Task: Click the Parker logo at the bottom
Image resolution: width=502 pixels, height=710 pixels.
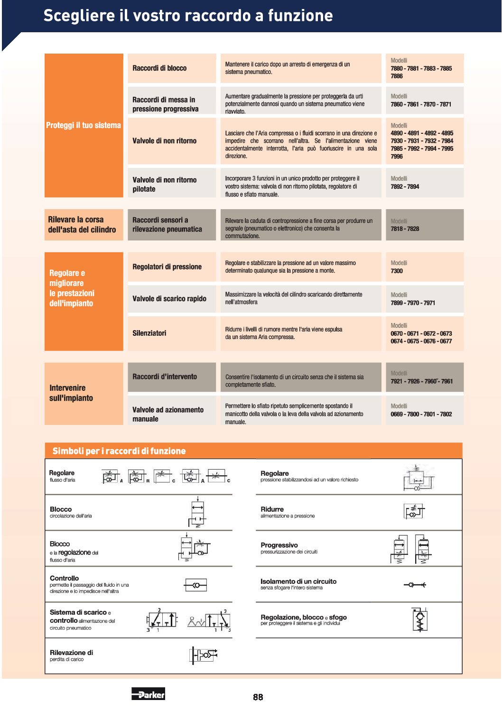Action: point(148,694)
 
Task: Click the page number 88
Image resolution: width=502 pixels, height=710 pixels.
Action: point(258,697)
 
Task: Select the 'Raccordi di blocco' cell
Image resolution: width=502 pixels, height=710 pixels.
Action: point(160,68)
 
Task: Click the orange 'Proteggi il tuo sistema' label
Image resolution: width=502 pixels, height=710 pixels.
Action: point(84,125)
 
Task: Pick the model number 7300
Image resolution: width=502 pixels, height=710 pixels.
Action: point(397,271)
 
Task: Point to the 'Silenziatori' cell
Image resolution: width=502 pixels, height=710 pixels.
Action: point(149,333)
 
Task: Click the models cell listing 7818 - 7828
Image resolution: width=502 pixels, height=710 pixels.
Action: point(424,225)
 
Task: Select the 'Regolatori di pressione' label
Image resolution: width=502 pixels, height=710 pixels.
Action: point(167,267)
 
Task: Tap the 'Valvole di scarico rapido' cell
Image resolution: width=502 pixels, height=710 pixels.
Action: point(169,299)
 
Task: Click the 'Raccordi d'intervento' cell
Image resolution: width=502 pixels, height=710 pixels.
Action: point(165,377)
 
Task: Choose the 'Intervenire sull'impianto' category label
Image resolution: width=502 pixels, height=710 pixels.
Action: point(71,393)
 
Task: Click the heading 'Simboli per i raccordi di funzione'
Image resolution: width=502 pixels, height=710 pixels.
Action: point(119,451)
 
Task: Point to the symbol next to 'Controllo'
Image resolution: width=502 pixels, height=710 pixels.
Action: point(195,585)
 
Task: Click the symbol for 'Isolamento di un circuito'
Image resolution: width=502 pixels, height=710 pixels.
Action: point(415,585)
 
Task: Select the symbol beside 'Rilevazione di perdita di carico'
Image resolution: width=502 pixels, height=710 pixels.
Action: point(204,655)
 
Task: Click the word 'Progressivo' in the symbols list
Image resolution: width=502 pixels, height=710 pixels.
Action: point(279,545)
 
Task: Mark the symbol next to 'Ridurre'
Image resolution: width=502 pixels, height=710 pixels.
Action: point(414,511)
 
